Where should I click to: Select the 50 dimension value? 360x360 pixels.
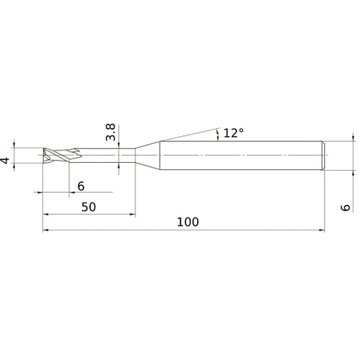pyautogui.click(x=89, y=206)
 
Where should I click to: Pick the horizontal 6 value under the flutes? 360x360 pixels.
pyautogui.click(x=81, y=186)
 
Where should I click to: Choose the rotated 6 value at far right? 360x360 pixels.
pyautogui.click(x=346, y=207)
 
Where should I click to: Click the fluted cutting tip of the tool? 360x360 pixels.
pyautogui.click(x=56, y=156)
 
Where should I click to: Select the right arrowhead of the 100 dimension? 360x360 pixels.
pyautogui.click(x=321, y=230)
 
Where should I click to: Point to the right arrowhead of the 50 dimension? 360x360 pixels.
pyautogui.click(x=132, y=215)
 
